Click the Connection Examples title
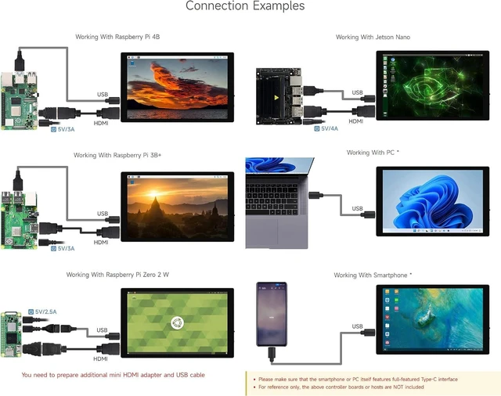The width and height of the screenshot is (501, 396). pyautogui.click(x=245, y=5)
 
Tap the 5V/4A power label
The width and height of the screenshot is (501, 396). pyautogui.click(x=326, y=128)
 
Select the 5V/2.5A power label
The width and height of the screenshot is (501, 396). pyautogui.click(x=42, y=311)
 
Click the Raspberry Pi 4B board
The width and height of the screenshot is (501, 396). pyautogui.click(x=19, y=100)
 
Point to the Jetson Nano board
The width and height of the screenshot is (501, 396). pyautogui.click(x=279, y=95)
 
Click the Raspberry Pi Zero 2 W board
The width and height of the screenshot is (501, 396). pyautogui.click(x=11, y=334)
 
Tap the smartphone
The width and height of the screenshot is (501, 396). pyautogui.click(x=272, y=314)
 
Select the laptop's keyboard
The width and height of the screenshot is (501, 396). pyautogui.click(x=272, y=199)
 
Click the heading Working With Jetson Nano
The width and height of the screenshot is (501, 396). pyautogui.click(x=373, y=37)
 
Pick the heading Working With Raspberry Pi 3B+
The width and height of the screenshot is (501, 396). pyautogui.click(x=117, y=155)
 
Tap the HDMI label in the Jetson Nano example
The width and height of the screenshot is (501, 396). pyautogui.click(x=356, y=121)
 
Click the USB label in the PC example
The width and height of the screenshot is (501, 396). pyautogui.click(x=357, y=208)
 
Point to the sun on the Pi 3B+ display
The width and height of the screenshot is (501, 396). pyautogui.click(x=153, y=194)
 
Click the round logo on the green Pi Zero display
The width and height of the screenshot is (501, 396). pyautogui.click(x=177, y=323)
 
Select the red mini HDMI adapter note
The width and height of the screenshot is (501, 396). pyautogui.click(x=113, y=375)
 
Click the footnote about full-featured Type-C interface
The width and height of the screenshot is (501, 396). pyautogui.click(x=358, y=380)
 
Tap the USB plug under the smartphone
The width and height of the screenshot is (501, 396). pyautogui.click(x=272, y=355)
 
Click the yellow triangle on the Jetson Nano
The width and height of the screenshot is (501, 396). pyautogui.click(x=276, y=97)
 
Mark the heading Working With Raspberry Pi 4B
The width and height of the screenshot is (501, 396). pyautogui.click(x=117, y=37)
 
